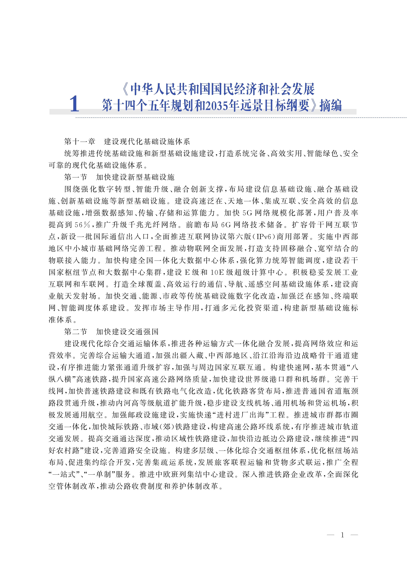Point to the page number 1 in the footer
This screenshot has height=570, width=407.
point(342,535)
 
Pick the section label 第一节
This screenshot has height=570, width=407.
point(76,177)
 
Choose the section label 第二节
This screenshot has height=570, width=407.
point(76,332)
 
